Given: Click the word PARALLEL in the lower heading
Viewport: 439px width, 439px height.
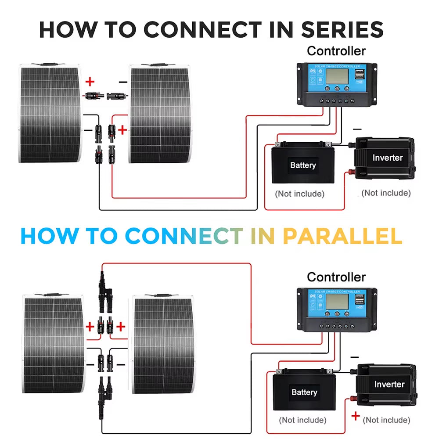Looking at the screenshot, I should [x=342, y=236].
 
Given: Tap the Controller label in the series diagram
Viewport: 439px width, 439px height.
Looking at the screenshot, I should [x=336, y=51].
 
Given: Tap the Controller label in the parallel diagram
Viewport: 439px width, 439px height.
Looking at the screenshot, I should [x=336, y=277].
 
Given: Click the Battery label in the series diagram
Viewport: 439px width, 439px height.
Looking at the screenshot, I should [x=303, y=166].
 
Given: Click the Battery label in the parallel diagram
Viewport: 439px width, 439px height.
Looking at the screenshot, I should [x=304, y=392].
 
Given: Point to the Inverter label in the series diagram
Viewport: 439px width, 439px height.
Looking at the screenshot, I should [x=387, y=158].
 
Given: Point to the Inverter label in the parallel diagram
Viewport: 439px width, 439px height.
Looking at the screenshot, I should [x=389, y=385].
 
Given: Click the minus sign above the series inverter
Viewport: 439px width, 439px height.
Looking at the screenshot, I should [x=357, y=130].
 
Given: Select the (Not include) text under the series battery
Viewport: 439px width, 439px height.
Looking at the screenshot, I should [x=299, y=194].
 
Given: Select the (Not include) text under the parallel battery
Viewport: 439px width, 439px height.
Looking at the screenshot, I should [x=302, y=420].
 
